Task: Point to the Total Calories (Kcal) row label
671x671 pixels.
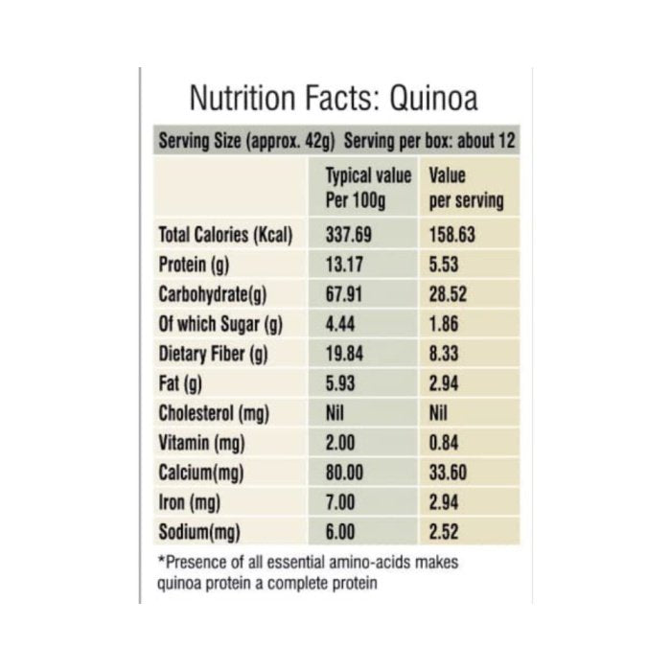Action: tap(224, 235)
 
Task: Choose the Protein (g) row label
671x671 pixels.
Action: tap(192, 265)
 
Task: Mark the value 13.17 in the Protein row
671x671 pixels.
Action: tap(345, 265)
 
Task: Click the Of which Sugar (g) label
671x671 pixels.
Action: tap(215, 324)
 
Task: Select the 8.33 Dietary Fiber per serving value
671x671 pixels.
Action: tap(446, 354)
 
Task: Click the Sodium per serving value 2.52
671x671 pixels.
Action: tap(446, 532)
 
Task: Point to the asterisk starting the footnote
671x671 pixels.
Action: tap(159, 562)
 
